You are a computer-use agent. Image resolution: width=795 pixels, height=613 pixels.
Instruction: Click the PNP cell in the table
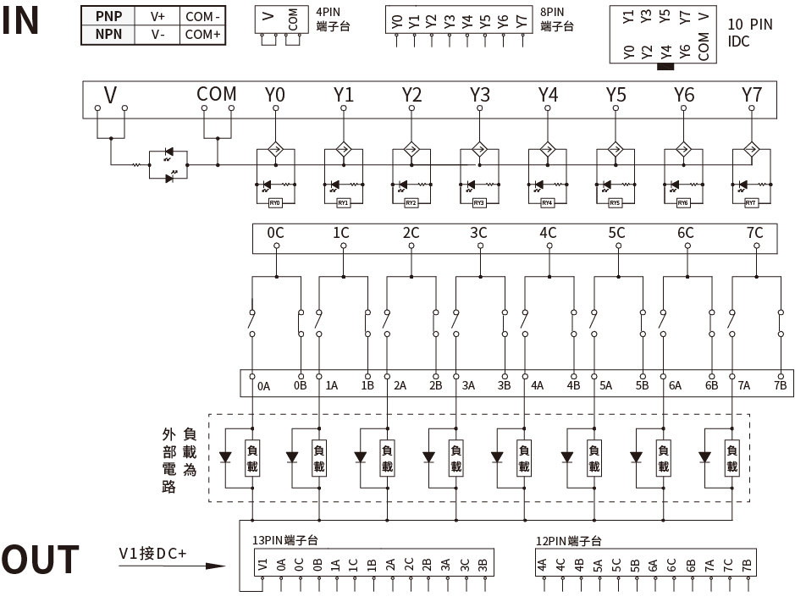pyautogui.click(x=108, y=16)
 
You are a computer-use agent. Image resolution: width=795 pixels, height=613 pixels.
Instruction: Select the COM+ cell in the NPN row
pyautogui.click(x=202, y=35)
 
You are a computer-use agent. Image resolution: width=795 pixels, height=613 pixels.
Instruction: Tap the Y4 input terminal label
pyautogui.click(x=548, y=95)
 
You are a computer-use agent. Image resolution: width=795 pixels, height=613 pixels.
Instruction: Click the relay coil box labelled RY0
pyautogui.click(x=274, y=203)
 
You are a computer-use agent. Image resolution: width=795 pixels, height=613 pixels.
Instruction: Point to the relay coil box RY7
pyautogui.click(x=750, y=203)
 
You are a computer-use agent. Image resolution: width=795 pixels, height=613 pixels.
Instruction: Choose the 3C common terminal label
pyautogui.click(x=478, y=233)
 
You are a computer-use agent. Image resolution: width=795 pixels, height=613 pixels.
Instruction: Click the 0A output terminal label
pyautogui.click(x=264, y=386)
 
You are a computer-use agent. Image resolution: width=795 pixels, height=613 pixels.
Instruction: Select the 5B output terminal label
pyautogui.click(x=642, y=386)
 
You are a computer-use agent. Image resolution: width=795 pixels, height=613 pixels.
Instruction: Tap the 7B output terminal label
pyautogui.click(x=780, y=386)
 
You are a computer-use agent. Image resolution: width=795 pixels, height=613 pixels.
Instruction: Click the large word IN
pyautogui.click(x=21, y=21)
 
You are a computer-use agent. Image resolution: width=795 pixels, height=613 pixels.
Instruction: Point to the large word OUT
pyautogui.click(x=40, y=561)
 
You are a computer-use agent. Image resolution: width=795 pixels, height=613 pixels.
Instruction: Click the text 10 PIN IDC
pyautogui.click(x=749, y=32)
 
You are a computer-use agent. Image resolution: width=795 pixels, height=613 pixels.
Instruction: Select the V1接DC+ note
pyautogui.click(x=152, y=554)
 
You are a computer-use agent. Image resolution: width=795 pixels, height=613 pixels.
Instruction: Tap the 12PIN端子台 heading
pyautogui.click(x=568, y=540)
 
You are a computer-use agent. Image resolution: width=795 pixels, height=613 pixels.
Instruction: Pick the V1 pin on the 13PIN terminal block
pyautogui.click(x=262, y=565)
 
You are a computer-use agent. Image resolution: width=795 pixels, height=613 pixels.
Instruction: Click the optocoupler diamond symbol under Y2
pyautogui.click(x=411, y=149)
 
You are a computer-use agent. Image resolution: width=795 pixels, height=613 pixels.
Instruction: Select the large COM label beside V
pyautogui.click(x=216, y=95)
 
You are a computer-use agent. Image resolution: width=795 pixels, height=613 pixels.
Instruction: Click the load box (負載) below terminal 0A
pyautogui.click(x=251, y=458)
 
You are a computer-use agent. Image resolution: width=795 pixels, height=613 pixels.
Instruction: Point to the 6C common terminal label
pyautogui.click(x=685, y=233)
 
